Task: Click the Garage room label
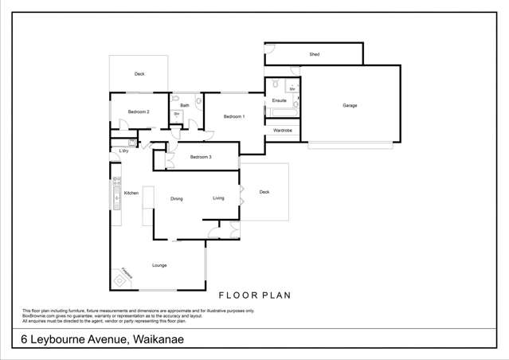click(x=350, y=105)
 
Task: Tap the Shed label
click(x=314, y=54)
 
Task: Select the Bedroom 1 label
click(x=234, y=117)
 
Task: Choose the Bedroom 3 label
click(x=201, y=157)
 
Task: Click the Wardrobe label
click(x=282, y=130)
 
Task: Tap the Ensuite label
click(x=279, y=101)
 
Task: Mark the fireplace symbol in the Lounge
click(x=119, y=280)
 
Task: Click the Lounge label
click(x=159, y=264)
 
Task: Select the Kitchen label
click(x=131, y=194)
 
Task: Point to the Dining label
click(x=177, y=199)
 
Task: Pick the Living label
click(x=218, y=198)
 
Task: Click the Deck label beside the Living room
click(x=264, y=192)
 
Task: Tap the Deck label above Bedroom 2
click(x=139, y=74)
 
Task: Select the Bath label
click(x=185, y=105)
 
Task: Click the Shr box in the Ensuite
click(x=292, y=89)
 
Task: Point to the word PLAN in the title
click(x=275, y=295)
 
